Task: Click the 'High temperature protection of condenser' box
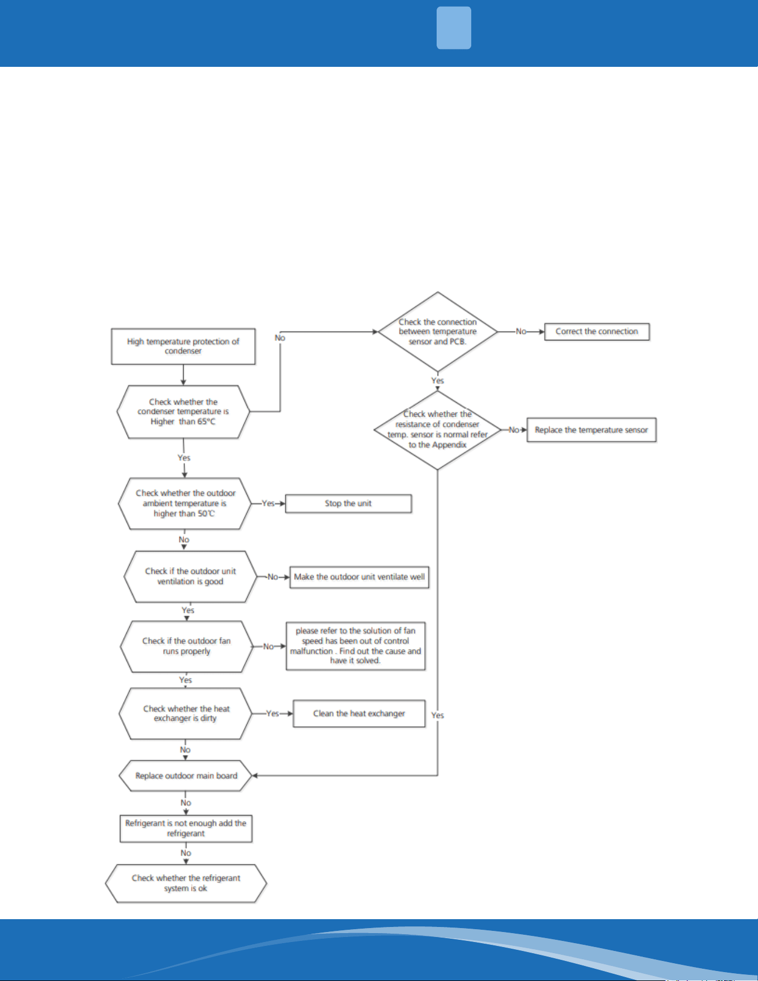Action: click(x=183, y=346)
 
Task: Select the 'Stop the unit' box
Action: click(x=349, y=504)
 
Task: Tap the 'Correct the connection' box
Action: click(x=597, y=331)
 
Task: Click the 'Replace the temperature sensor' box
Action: click(x=591, y=430)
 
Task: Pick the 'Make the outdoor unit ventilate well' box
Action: click(x=359, y=577)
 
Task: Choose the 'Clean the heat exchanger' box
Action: click(x=359, y=714)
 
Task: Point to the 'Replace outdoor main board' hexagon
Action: click(x=186, y=776)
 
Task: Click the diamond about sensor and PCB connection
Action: click(x=438, y=332)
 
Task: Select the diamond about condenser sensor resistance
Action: click(x=438, y=430)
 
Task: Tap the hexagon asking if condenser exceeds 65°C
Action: click(x=183, y=412)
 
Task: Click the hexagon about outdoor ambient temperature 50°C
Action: click(x=185, y=504)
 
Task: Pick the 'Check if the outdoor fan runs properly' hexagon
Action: click(x=187, y=646)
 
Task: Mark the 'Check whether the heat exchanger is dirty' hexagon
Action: click(x=186, y=714)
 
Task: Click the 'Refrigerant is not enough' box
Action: click(x=186, y=828)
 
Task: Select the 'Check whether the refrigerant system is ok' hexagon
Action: click(x=186, y=884)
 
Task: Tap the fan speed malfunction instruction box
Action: click(x=356, y=646)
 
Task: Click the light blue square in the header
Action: click(x=454, y=28)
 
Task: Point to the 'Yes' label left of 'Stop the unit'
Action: click(x=268, y=504)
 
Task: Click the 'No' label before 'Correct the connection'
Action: click(x=521, y=331)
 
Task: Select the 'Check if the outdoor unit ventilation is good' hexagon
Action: click(x=190, y=577)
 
